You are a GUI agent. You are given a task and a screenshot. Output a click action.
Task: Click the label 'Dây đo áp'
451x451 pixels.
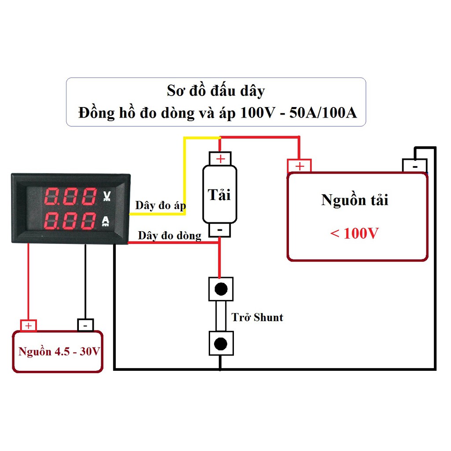click(x=160, y=205)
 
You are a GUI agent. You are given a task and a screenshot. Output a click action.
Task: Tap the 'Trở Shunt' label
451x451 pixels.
click(x=257, y=317)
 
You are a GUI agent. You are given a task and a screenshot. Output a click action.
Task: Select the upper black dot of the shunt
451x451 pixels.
click(x=221, y=289)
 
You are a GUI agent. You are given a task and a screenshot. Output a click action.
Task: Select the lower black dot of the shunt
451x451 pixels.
click(x=221, y=344)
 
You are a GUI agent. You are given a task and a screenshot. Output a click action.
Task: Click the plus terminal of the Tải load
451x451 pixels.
click(x=220, y=159)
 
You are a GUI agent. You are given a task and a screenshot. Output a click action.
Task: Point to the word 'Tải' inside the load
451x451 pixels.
click(x=219, y=194)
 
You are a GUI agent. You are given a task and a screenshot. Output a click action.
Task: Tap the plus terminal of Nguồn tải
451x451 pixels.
click(x=299, y=166)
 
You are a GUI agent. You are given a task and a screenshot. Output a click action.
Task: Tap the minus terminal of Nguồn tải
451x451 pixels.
click(x=414, y=166)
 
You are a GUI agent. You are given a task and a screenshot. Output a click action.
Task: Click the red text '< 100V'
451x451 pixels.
click(x=354, y=233)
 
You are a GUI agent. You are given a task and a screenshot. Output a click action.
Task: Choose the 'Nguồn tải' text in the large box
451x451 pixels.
click(x=355, y=200)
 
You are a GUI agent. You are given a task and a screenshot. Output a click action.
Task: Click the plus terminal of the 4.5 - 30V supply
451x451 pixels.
click(x=29, y=325)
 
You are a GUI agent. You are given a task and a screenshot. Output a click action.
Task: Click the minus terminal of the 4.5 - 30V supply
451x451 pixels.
click(x=85, y=325)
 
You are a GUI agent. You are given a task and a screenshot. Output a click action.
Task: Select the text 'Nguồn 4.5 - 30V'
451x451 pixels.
click(x=59, y=352)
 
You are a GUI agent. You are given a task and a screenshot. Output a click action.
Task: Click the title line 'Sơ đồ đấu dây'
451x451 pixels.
click(x=216, y=91)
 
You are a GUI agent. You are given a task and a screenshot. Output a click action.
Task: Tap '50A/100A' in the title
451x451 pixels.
click(x=323, y=113)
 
